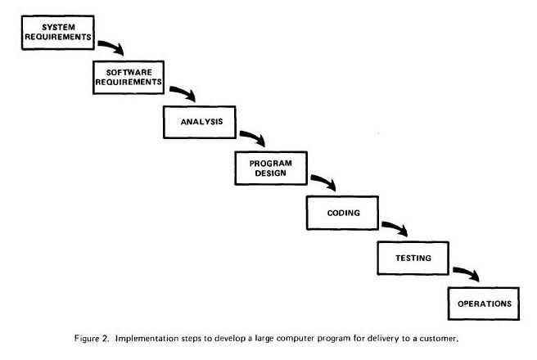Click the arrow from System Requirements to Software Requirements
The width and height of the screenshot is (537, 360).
112,46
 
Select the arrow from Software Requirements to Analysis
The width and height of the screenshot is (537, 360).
184,92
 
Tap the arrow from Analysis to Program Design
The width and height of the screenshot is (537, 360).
254,136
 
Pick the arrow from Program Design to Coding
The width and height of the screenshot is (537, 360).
325,180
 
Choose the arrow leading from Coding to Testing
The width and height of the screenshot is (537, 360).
396,226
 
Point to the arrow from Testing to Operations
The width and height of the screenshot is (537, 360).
467,272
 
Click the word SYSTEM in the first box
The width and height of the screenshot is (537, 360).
59,27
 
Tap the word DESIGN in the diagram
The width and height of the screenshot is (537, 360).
271,173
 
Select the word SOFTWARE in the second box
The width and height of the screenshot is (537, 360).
129,73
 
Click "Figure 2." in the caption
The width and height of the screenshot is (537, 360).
92,339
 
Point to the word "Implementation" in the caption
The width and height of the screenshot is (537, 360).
147,339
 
